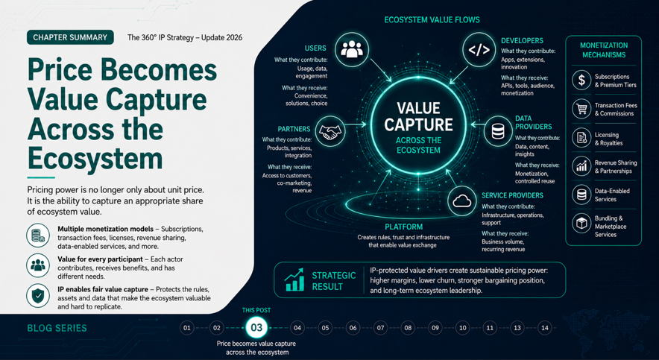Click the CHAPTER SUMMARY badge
tap(70, 37)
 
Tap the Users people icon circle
tap(352, 50)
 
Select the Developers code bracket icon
tap(479, 50)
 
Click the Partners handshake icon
tap(330, 131)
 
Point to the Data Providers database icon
tap(498, 131)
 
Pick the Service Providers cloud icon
tap(461, 200)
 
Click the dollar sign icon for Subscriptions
tap(581, 80)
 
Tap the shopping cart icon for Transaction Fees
tap(581, 110)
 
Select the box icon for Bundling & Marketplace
tap(581, 223)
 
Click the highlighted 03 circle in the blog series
tap(256, 328)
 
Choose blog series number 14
tap(545, 328)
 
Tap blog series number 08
tap(407, 328)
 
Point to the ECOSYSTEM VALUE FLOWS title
tap(432, 19)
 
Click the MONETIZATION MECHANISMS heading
tap(604, 50)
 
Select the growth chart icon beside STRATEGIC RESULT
tap(294, 280)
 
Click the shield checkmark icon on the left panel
tap(38, 296)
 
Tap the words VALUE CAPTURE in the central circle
tap(419, 116)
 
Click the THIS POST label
tap(256, 310)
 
